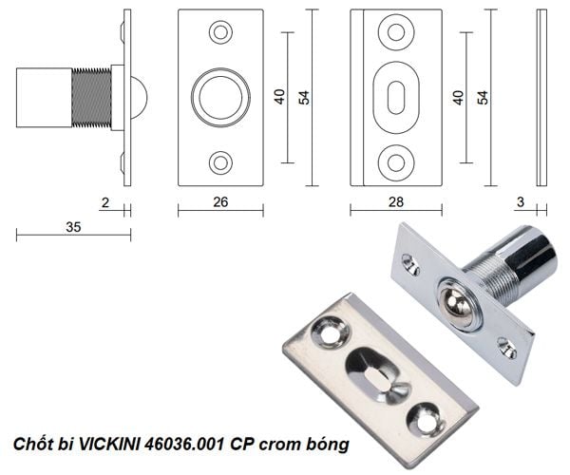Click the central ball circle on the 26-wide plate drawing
220,98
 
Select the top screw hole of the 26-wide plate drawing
220,33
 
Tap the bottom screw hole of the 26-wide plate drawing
220,162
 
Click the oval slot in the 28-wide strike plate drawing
396,98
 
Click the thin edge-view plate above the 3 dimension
541,98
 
